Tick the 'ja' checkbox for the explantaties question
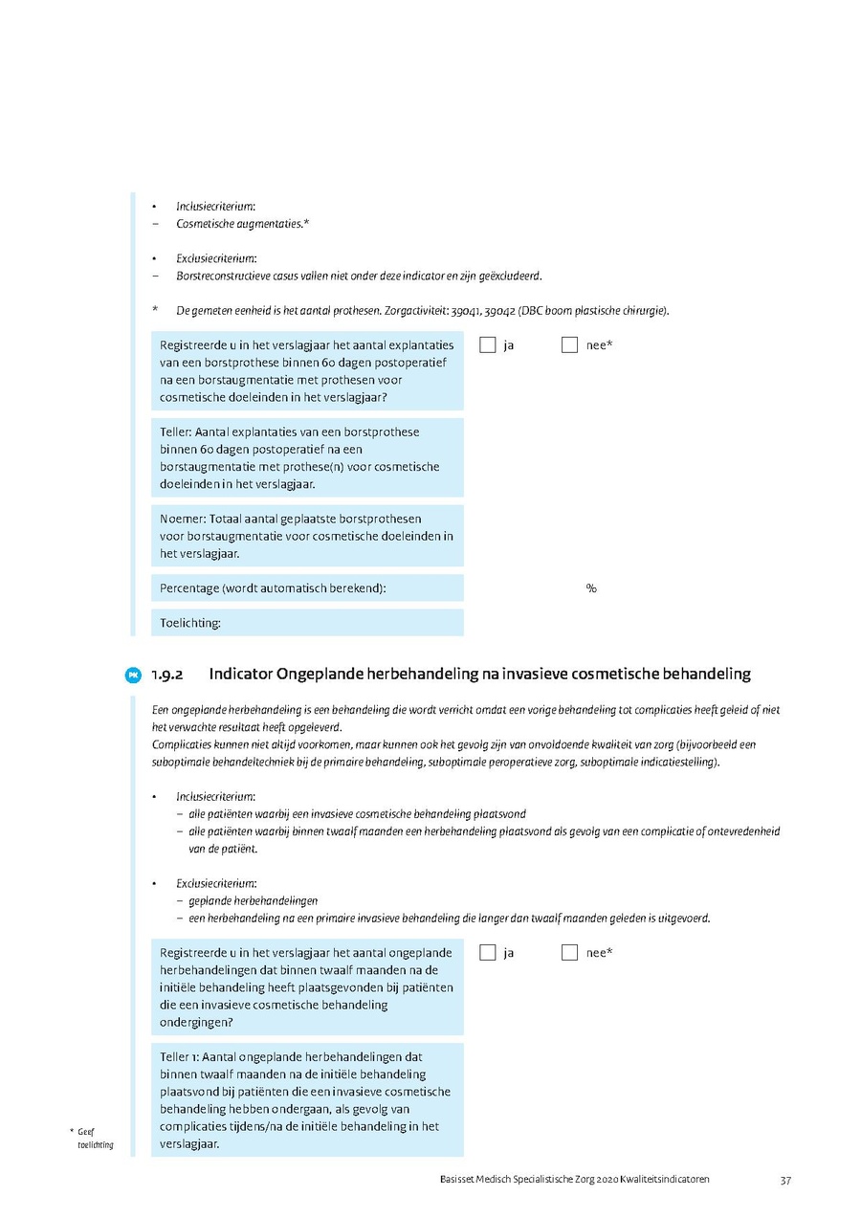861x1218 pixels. coord(488,344)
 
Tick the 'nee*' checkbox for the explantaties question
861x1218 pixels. coord(570,344)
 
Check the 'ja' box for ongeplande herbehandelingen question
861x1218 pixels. coord(488,953)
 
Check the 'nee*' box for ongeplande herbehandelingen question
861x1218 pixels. coord(570,953)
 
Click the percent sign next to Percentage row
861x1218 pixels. coord(591,588)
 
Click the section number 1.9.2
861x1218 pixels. coord(167,675)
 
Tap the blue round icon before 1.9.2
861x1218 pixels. coord(134,675)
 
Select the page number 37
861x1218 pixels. coord(785,1181)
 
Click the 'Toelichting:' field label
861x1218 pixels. coord(190,623)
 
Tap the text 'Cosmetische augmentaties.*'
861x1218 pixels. coord(242,224)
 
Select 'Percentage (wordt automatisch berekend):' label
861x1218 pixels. coord(273,588)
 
